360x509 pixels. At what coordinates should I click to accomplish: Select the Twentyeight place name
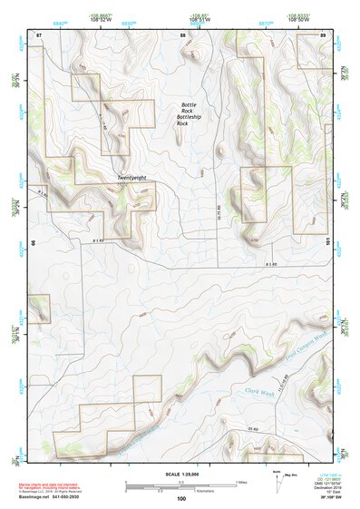point(131,178)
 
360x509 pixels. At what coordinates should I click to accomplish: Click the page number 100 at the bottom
point(180,498)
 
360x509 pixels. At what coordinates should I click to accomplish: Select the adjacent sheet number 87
point(39,34)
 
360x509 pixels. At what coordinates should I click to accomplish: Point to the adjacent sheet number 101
point(327,241)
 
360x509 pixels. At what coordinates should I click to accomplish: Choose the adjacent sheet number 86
point(34,242)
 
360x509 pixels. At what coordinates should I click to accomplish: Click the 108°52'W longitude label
point(80,20)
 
